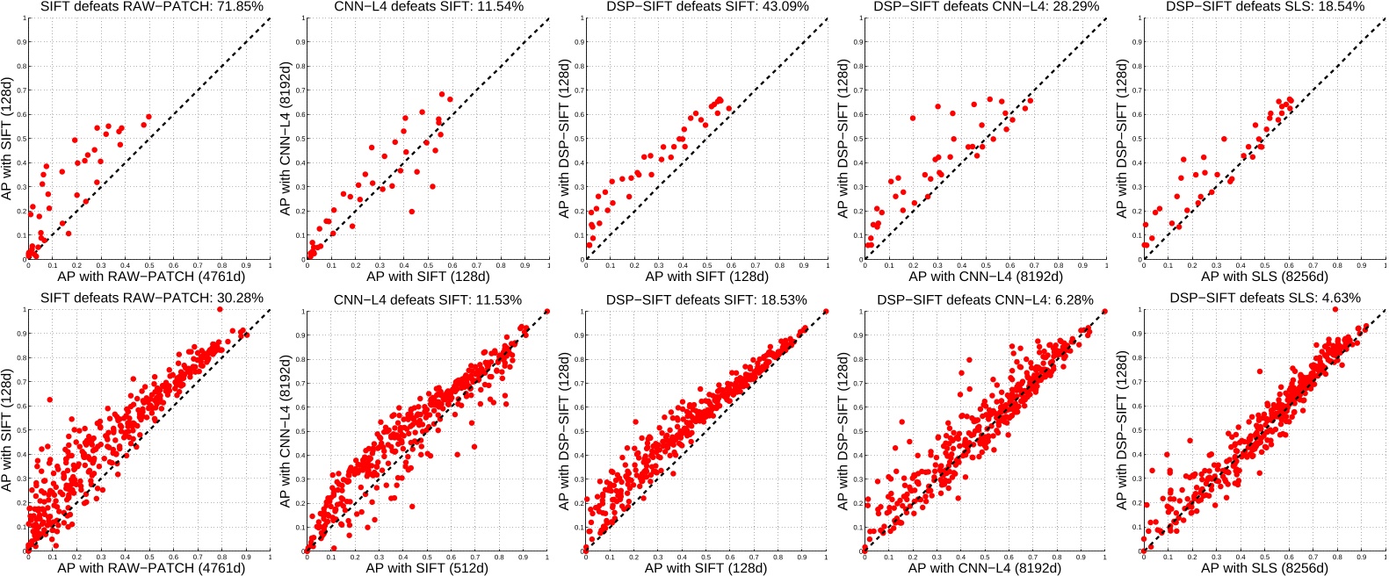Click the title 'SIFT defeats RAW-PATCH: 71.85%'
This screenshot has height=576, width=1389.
click(152, 7)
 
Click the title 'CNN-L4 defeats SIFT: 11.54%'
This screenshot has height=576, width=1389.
click(429, 7)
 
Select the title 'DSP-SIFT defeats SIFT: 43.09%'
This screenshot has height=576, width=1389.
click(707, 7)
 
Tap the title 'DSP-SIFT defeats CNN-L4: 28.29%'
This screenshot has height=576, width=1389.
click(986, 7)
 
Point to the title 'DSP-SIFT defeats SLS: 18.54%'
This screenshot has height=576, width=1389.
click(1265, 7)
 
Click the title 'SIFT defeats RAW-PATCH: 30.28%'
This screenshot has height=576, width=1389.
click(152, 299)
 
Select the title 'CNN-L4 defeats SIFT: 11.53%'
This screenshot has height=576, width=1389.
click(428, 299)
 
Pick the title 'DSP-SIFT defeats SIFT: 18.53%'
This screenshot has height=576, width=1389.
click(706, 299)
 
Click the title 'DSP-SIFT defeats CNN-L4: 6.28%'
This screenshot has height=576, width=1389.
click(985, 299)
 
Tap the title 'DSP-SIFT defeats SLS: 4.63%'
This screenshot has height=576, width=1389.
click(1265, 299)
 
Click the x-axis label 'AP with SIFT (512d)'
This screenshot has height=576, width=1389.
click(428, 568)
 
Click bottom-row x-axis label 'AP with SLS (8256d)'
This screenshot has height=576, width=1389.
click(1264, 568)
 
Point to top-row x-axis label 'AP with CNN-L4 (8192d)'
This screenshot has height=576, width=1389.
click(985, 276)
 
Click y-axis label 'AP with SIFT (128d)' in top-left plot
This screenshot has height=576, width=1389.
click(8, 138)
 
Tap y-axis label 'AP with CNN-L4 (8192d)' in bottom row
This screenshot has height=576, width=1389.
click(286, 430)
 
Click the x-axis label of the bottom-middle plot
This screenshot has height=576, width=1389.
click(706, 568)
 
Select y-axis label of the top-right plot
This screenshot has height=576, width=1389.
click(1122, 139)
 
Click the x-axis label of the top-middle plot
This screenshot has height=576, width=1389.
click(706, 276)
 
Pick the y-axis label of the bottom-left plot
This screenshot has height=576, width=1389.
click(8, 430)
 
